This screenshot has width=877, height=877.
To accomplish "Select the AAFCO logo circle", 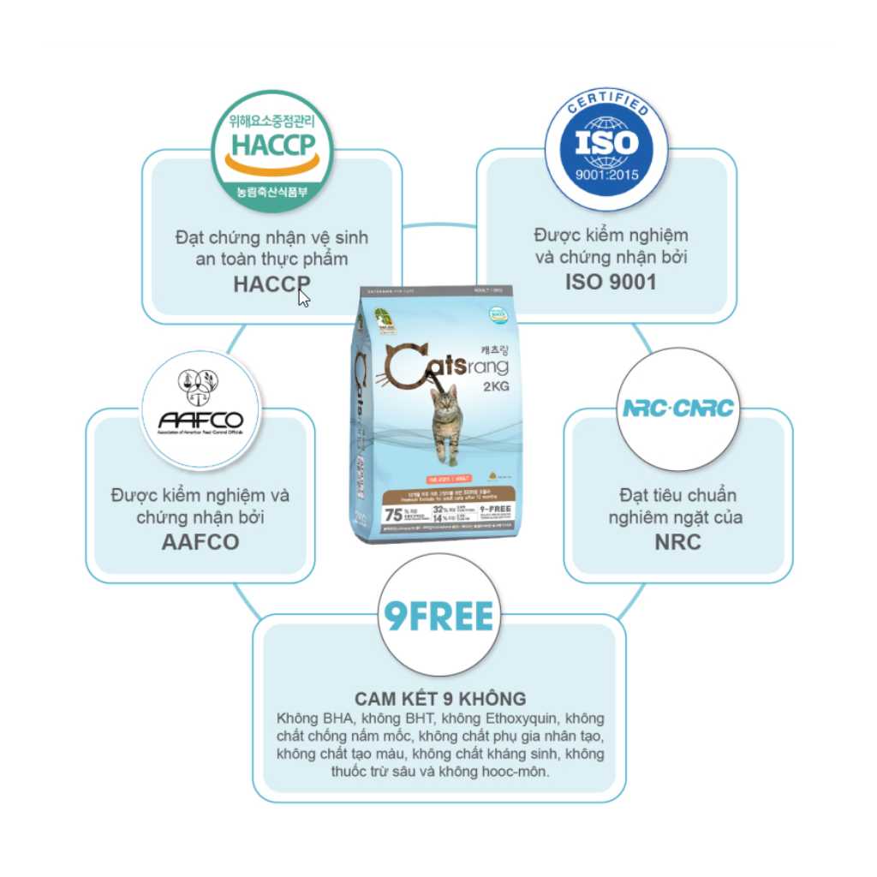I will point(200,409).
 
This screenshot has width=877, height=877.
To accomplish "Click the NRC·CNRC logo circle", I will point(678,409).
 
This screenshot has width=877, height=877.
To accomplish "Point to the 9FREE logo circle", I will point(438,616).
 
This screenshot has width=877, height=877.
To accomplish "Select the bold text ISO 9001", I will point(611,281).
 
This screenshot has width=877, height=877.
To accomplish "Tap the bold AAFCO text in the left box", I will point(200,541).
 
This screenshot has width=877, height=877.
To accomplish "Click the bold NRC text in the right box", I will point(677,541).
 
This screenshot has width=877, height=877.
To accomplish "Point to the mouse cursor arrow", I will point(303,297).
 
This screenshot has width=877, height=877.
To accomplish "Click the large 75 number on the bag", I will point(394,514).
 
